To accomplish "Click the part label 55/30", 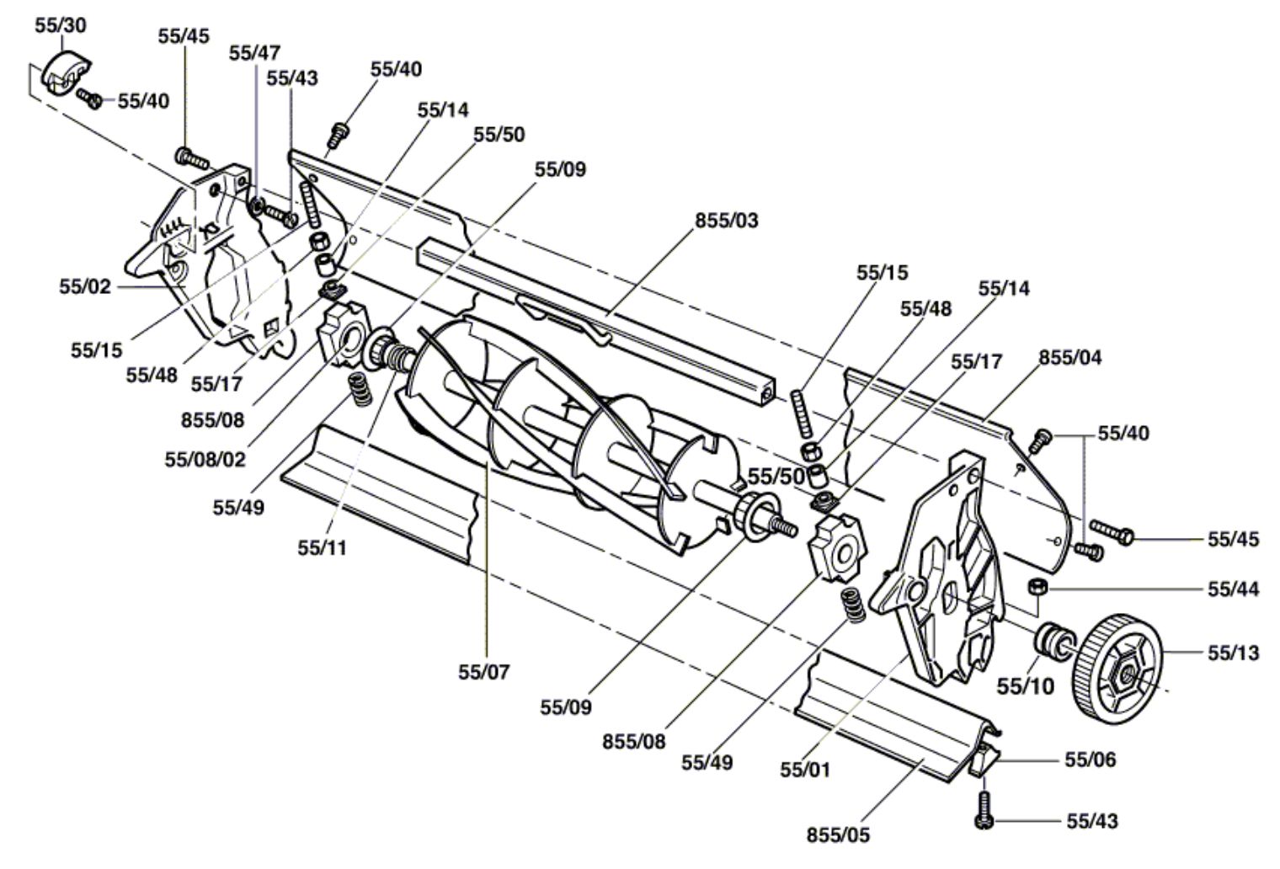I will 60,25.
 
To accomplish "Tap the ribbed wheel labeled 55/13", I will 1117,664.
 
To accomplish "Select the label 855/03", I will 726,221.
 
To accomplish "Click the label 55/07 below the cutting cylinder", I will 483,672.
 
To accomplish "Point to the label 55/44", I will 1233,589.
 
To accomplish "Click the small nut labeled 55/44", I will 1037,587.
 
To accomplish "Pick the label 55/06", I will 1090,760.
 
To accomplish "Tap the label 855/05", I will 838,834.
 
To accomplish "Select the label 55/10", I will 1025,686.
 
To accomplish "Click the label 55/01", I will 805,770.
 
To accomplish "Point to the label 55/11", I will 322,547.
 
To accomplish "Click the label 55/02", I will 84,286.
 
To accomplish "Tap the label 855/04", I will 1069,357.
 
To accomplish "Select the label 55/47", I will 254,53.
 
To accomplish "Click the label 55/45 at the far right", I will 1233,539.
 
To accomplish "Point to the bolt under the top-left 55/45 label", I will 192,157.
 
